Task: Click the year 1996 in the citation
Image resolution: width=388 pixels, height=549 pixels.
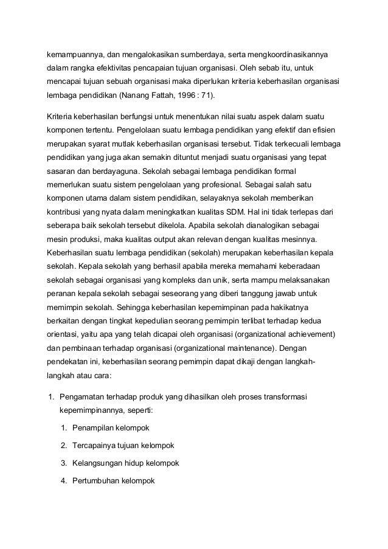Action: coord(187,97)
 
